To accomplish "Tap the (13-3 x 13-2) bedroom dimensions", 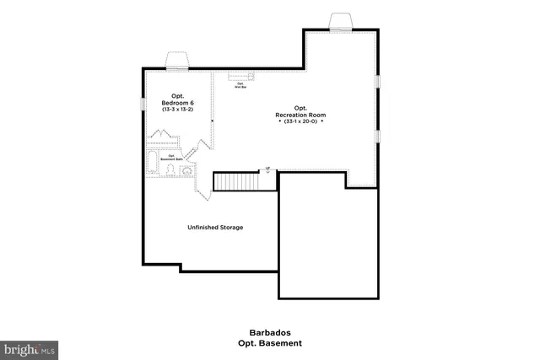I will click(x=178, y=110).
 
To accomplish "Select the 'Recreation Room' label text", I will click(x=300, y=114).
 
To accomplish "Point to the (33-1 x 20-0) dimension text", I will click(x=300, y=122).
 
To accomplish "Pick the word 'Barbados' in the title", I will click(x=270, y=333).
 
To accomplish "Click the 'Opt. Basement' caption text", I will click(x=270, y=343).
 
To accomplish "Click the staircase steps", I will click(x=235, y=181).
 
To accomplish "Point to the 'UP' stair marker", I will click(x=267, y=169).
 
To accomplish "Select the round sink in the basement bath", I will click(x=186, y=171).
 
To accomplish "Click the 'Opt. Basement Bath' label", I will click(x=170, y=157).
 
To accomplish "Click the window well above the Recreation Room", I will click(x=340, y=21).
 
